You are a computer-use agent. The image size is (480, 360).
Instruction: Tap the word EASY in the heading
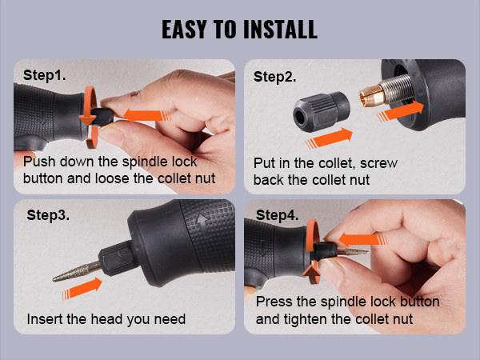tap(186, 30)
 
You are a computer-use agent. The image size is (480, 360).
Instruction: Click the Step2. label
tap(275, 78)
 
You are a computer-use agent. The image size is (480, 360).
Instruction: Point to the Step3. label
tap(50, 215)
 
